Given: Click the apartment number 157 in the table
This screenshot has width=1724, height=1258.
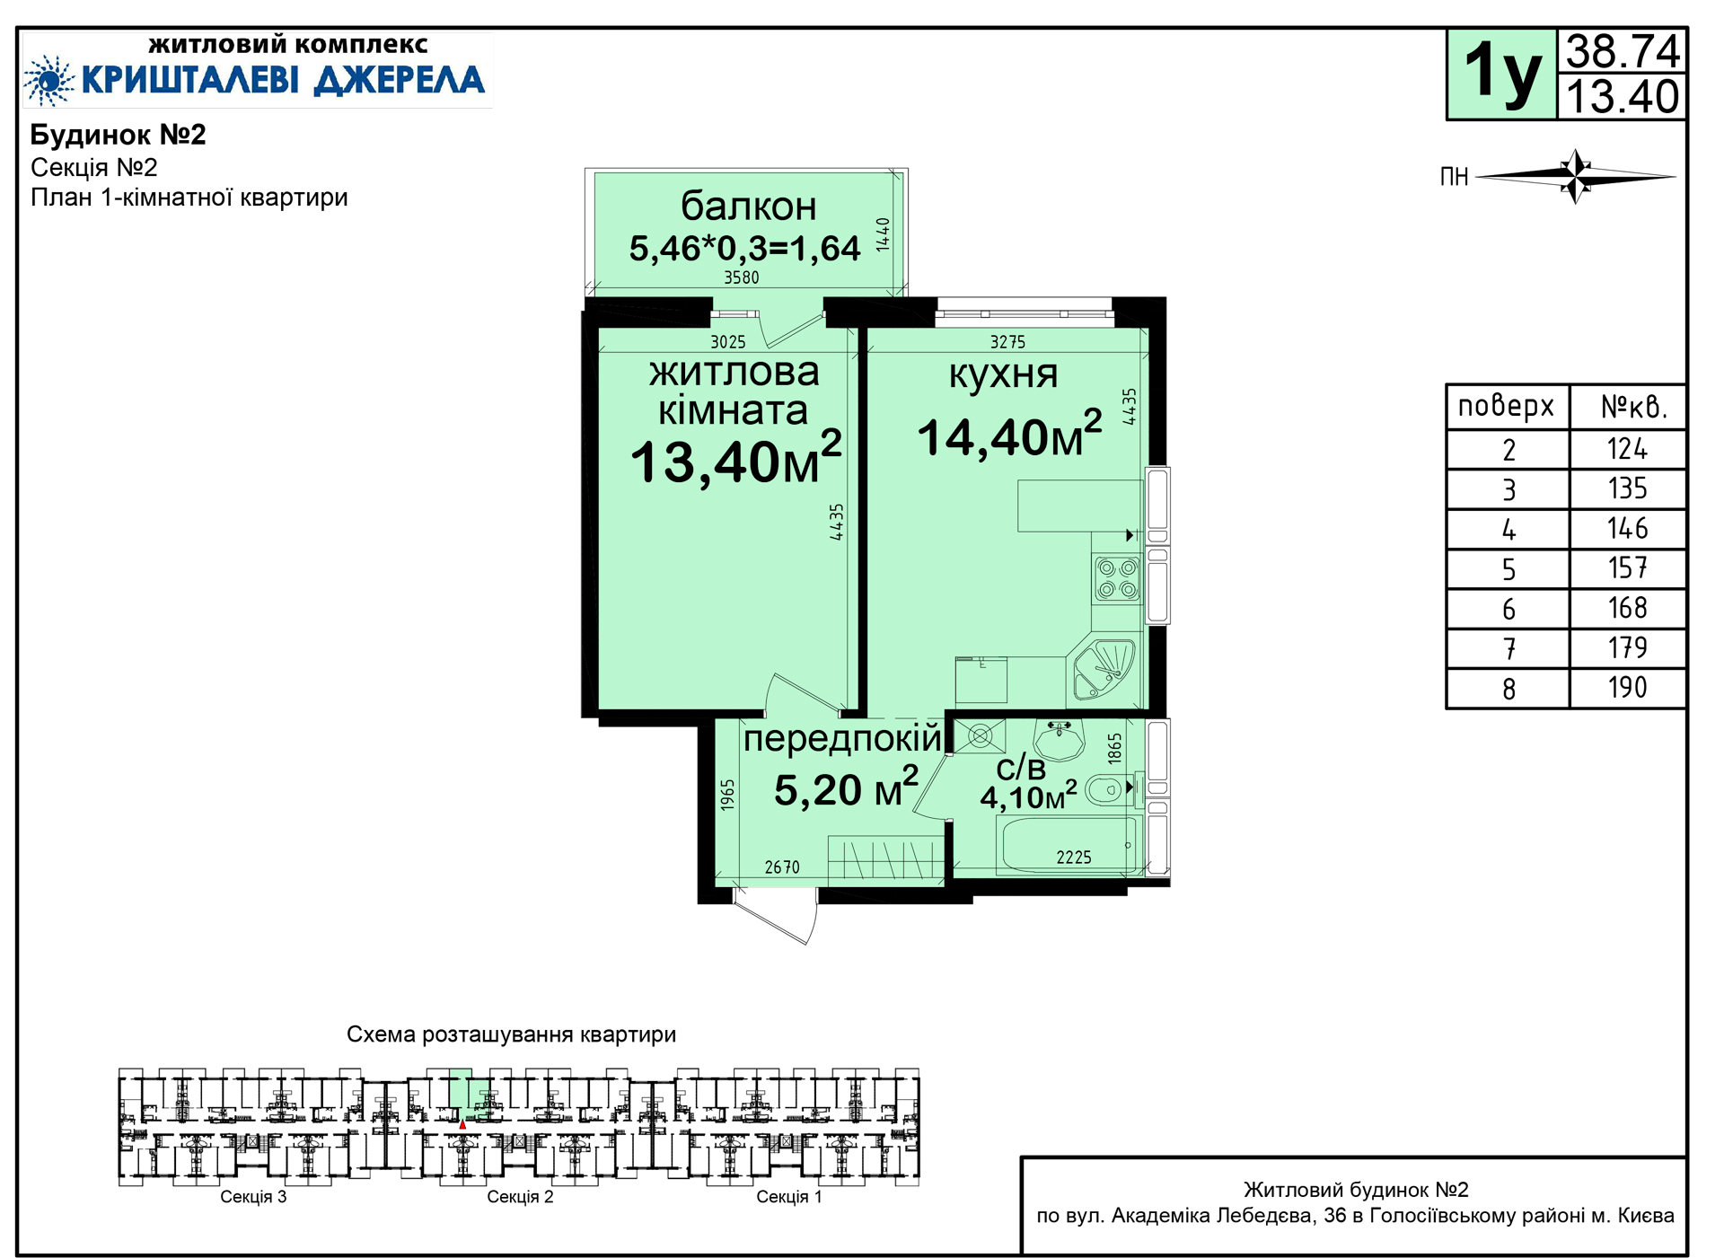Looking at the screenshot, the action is (x=1627, y=568).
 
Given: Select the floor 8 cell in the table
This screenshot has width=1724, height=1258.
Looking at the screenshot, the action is (x=1508, y=689).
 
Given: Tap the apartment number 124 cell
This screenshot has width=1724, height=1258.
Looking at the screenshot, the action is (x=1627, y=449).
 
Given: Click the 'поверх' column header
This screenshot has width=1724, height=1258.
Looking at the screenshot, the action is (x=1506, y=407).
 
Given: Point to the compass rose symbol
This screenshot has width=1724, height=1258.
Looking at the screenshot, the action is (x=1576, y=176).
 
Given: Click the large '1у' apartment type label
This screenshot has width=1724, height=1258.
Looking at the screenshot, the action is (x=1501, y=74).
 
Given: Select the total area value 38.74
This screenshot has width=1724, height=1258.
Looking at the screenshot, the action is (x=1623, y=52).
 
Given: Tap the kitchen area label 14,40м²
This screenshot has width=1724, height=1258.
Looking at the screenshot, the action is (x=1009, y=435).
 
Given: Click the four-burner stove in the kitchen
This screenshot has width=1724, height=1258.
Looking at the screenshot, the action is (x=1117, y=579).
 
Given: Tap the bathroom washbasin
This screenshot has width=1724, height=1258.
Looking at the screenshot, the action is (x=1060, y=740).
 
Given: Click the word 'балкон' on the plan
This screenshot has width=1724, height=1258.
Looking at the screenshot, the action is (x=749, y=207).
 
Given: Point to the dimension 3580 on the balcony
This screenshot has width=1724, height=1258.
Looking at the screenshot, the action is (x=742, y=277).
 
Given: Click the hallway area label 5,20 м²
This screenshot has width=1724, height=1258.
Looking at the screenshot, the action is (x=846, y=788).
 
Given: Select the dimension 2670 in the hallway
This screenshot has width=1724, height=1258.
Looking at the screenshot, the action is (x=782, y=867).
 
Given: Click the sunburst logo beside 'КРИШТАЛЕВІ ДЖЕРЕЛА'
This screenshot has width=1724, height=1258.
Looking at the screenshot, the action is (x=50, y=80).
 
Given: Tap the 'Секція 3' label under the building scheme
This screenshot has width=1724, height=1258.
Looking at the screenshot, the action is (x=253, y=1197).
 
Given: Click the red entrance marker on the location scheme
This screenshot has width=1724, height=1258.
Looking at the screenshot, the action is (x=462, y=1124).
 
